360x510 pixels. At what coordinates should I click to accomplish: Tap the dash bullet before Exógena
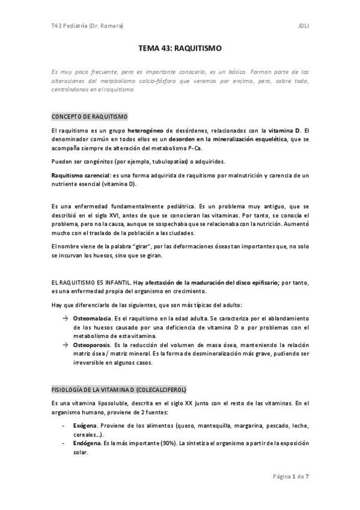coord(64,425)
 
